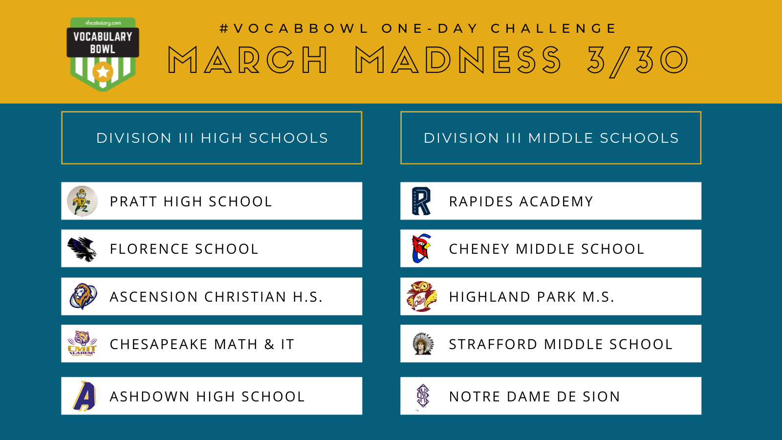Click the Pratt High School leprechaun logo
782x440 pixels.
(82, 201)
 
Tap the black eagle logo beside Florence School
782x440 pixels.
(82, 249)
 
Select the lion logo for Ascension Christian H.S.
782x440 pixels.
(84, 296)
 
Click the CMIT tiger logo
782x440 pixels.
(82, 344)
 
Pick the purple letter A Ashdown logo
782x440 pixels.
(85, 396)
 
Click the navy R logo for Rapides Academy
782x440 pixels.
(421, 201)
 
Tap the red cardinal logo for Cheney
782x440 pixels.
(422, 248)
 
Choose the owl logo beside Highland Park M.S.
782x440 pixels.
(422, 296)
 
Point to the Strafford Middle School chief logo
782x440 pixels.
(423, 344)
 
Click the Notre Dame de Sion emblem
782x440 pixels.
(423, 396)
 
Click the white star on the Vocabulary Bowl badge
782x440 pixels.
(103, 72)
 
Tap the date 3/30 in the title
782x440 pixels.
(637, 61)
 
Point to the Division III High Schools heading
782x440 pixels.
(212, 138)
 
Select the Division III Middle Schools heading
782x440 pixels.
(551, 138)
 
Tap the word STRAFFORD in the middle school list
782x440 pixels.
(493, 344)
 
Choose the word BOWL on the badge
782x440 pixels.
(103, 49)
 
